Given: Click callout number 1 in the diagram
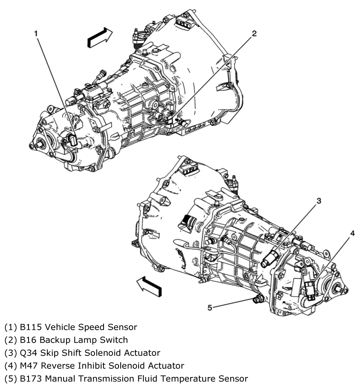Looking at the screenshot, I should [x=36, y=33].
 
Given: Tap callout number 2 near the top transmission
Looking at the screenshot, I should [x=254, y=33].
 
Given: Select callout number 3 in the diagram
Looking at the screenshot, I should [x=319, y=201].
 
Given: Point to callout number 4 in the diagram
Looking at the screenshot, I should [x=352, y=233].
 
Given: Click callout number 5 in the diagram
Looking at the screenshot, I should [x=210, y=308].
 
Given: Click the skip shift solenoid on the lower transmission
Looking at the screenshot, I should [x=270, y=258].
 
